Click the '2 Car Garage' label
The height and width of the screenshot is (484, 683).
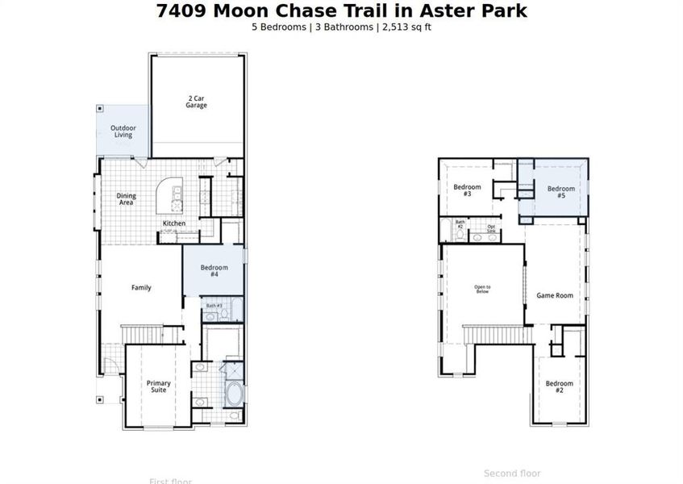pyautogui.click(x=197, y=102)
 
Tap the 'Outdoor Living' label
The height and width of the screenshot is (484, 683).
pyautogui.click(x=123, y=131)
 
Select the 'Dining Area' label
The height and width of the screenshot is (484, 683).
pyautogui.click(x=127, y=199)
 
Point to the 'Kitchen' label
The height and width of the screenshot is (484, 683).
pyautogui.click(x=174, y=223)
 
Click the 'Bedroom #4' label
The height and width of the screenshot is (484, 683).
pyautogui.click(x=214, y=271)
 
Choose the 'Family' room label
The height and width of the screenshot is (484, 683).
pyautogui.click(x=141, y=288)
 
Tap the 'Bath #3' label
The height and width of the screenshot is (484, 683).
pyautogui.click(x=214, y=307)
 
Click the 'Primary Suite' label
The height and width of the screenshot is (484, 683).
pyautogui.click(x=158, y=386)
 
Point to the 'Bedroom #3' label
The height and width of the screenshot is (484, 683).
pyautogui.click(x=467, y=191)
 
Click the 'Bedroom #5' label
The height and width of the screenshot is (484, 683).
pyautogui.click(x=561, y=193)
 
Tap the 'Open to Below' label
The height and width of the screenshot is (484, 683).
pyautogui.click(x=482, y=290)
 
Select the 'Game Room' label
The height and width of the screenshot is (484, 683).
pyautogui.click(x=555, y=296)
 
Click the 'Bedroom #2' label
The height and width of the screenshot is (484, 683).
pyautogui.click(x=559, y=387)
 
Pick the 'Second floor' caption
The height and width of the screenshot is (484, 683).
pyautogui.click(x=512, y=474)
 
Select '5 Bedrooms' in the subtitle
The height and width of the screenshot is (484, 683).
pyautogui.click(x=278, y=27)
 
